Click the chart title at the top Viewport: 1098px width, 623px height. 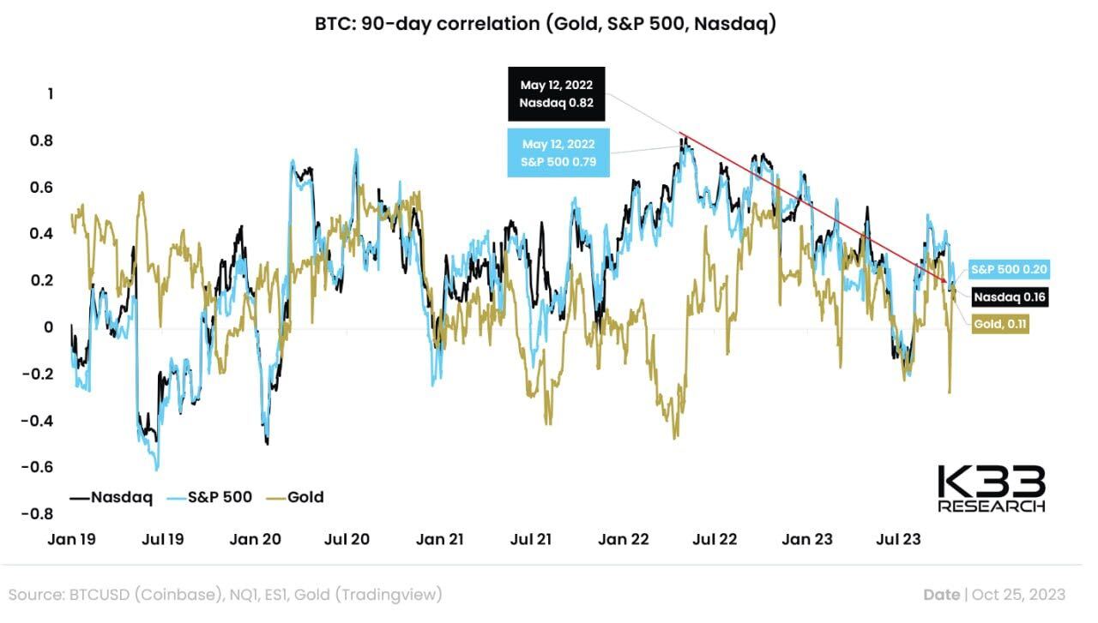point(546,24)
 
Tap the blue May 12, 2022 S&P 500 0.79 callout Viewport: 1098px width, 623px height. point(558,153)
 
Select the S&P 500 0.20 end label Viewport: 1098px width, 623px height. point(1011,269)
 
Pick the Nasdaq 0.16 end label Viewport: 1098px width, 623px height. point(1011,297)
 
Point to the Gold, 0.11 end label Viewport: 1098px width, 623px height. point(1001,324)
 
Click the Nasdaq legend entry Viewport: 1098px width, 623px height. point(111,496)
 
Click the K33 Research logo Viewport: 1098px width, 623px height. point(992,488)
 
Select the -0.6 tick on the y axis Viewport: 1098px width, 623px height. point(39,467)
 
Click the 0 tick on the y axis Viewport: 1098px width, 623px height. point(48,326)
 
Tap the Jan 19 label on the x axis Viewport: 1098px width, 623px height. point(71,539)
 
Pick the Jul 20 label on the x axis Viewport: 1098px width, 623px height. point(347,539)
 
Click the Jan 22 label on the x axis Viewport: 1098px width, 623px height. point(624,539)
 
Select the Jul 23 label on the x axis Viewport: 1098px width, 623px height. point(898,539)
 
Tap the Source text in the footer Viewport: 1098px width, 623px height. point(226,594)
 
